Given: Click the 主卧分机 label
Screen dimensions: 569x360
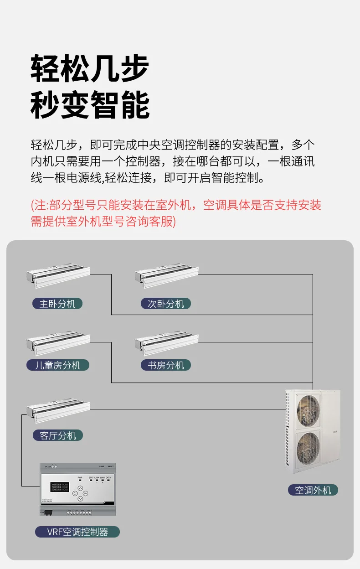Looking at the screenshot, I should tap(57, 303).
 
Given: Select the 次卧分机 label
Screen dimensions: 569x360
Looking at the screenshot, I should tap(166, 303).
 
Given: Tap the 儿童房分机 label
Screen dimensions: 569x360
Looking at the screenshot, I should tap(57, 365).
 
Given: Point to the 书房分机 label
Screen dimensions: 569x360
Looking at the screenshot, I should tap(166, 365).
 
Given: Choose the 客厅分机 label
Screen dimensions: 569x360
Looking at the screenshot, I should tap(57, 435).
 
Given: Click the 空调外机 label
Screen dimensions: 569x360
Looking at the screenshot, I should tap(313, 490).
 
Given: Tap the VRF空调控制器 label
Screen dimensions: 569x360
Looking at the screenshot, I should tap(77, 532).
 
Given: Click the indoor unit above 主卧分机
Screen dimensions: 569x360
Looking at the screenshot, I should tap(58, 275).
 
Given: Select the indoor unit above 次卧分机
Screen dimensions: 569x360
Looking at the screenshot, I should tap(167, 275).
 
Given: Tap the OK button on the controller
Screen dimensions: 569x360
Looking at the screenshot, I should tap(80, 493).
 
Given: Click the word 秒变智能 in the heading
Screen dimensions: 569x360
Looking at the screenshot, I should tap(90, 105).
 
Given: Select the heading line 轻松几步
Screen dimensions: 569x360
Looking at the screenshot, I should tap(90, 68).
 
